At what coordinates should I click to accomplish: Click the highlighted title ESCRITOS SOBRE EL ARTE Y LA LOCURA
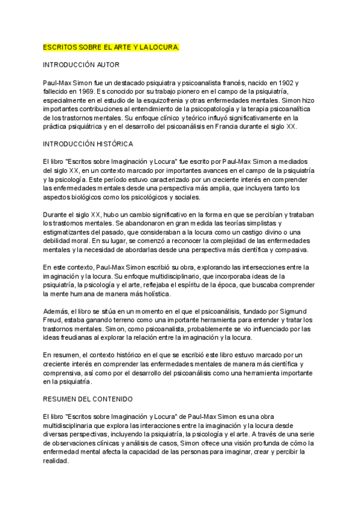point(111,46)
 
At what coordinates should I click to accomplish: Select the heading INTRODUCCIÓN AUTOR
point(81,64)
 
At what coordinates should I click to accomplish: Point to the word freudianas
point(85,337)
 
